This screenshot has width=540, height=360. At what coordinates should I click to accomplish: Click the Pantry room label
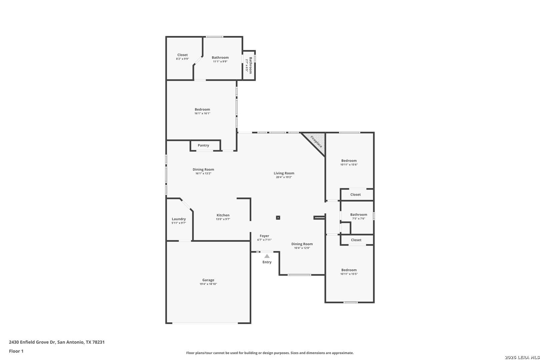pyautogui.click(x=203, y=145)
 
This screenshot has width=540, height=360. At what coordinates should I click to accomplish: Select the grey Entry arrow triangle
pyautogui.click(x=267, y=256)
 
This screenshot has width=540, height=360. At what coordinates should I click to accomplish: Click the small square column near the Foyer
pyautogui.click(x=278, y=217)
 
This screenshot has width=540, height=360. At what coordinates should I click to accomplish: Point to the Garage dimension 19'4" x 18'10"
pyautogui.click(x=208, y=284)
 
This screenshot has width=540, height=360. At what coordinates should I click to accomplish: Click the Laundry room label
pyautogui.click(x=179, y=219)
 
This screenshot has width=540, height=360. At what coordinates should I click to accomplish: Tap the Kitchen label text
pyautogui.click(x=223, y=215)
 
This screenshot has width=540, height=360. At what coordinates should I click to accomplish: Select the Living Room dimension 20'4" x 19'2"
pyautogui.click(x=284, y=177)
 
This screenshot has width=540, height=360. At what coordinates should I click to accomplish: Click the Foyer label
pyautogui.click(x=264, y=236)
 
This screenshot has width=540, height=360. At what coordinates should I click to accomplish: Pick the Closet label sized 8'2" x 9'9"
pyautogui.click(x=182, y=55)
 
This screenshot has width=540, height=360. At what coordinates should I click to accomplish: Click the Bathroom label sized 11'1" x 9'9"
pyautogui.click(x=220, y=57)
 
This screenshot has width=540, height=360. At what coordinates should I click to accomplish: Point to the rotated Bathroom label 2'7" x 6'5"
pyautogui.click(x=250, y=65)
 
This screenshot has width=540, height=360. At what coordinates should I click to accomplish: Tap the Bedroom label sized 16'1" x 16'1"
pyautogui.click(x=202, y=109)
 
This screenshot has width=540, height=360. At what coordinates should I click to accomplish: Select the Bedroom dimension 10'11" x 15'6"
pyautogui.click(x=349, y=165)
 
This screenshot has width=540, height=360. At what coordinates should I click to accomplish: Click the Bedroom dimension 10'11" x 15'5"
pyautogui.click(x=349, y=274)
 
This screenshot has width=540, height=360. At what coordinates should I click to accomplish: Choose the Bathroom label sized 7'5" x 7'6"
pyautogui.click(x=359, y=215)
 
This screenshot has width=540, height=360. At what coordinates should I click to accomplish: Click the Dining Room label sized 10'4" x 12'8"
pyautogui.click(x=302, y=244)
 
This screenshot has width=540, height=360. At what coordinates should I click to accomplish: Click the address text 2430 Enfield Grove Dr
pyautogui.click(x=32, y=342)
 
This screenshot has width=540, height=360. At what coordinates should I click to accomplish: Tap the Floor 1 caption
pyautogui.click(x=16, y=351)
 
